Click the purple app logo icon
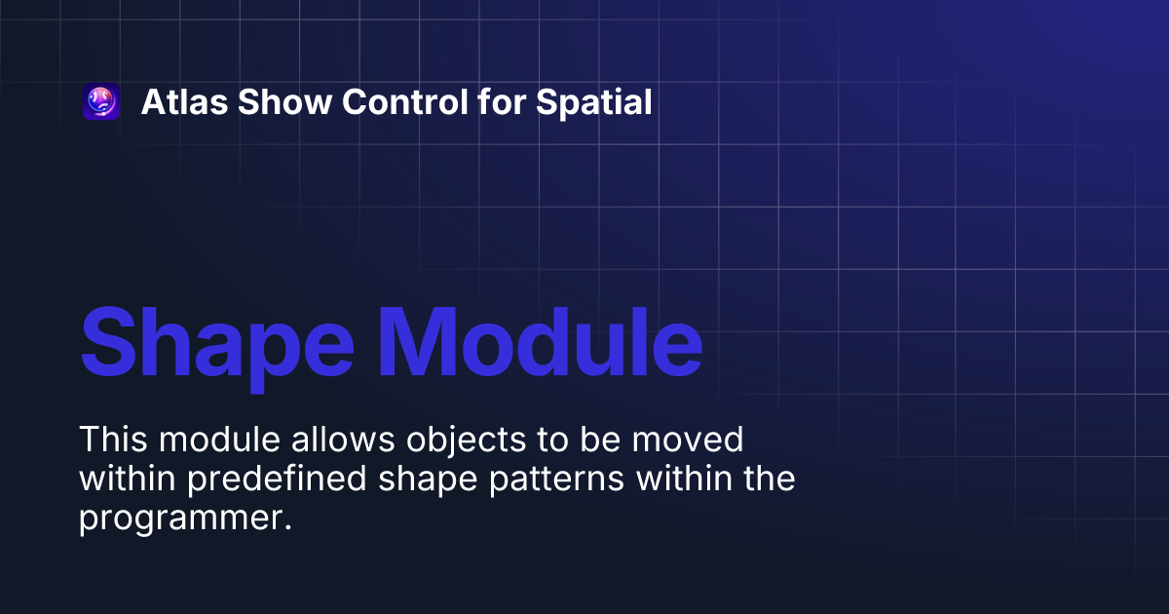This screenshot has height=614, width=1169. pos(101,102)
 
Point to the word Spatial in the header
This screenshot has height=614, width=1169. pos(594,102)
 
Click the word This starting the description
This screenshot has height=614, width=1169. pos(114,440)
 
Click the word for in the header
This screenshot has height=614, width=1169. pos(503,102)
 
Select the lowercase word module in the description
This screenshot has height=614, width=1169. pos(220,440)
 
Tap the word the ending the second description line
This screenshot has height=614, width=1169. pos(768,480)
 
